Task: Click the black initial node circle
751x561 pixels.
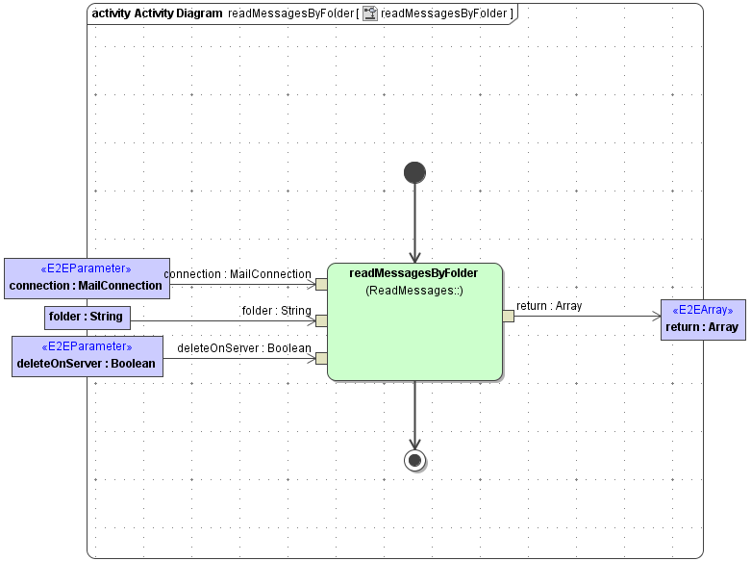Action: coord(414,172)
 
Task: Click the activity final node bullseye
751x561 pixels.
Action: coord(414,460)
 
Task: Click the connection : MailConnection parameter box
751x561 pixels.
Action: coord(86,277)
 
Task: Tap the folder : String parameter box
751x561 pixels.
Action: coord(87,317)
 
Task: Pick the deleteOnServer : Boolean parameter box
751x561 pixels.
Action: coord(87,356)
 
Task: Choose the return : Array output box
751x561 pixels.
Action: coord(701,319)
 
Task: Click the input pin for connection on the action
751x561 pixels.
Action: coord(321,284)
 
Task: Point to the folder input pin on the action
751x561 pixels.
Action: coord(321,320)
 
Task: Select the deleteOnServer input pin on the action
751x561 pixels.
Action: coord(321,359)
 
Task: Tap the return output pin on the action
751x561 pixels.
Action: coord(508,316)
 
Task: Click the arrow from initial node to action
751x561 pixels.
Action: coord(414,221)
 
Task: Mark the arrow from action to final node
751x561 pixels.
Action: coord(414,414)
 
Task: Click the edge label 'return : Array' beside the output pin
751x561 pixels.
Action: coord(549,306)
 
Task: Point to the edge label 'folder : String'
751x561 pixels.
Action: coord(276,311)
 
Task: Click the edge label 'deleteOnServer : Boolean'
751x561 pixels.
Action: coord(244,347)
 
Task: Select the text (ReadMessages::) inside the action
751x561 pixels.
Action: coord(414,290)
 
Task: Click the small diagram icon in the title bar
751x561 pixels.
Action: coord(369,13)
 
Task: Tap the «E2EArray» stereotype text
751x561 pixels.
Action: coord(701,311)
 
